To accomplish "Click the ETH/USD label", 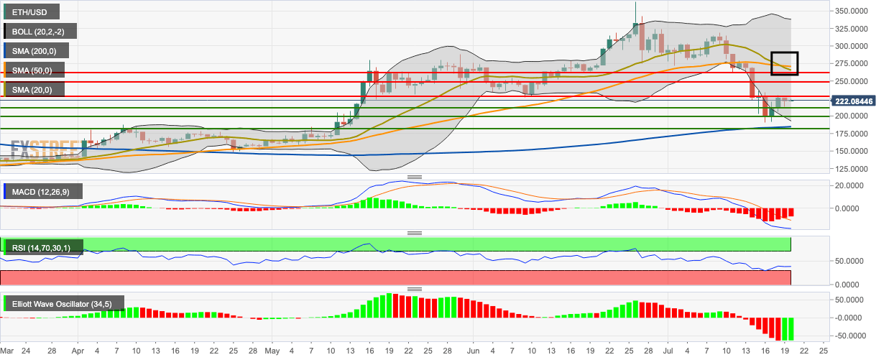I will pos(32,12).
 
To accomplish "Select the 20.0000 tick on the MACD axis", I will pos(852,185).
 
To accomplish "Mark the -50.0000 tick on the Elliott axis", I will pos(852,336).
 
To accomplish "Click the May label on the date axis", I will pos(272,351).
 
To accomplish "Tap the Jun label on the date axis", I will pos(474,351).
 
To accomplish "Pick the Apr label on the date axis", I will pos(78,351).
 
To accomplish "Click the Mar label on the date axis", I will pos(6,351).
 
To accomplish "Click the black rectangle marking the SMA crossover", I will pos(784,63).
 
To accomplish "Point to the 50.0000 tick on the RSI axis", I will pos(852,261).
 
